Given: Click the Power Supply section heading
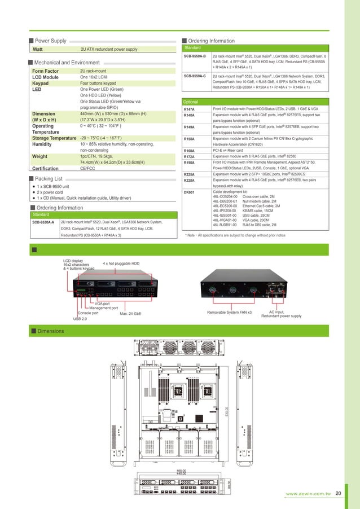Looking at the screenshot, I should (51, 41).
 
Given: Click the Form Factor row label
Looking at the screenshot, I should (46, 71).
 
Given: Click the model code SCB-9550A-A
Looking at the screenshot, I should (43, 222).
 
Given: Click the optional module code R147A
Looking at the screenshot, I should (190, 108).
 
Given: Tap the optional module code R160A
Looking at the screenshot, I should (190, 151).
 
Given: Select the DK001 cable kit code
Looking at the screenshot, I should (190, 192).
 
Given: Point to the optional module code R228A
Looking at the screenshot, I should (190, 180).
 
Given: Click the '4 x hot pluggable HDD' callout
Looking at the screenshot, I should (121, 264).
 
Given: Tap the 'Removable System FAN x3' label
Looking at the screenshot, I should (230, 312).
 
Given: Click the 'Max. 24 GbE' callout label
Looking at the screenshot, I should (130, 313).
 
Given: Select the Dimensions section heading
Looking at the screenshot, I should (51, 331).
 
